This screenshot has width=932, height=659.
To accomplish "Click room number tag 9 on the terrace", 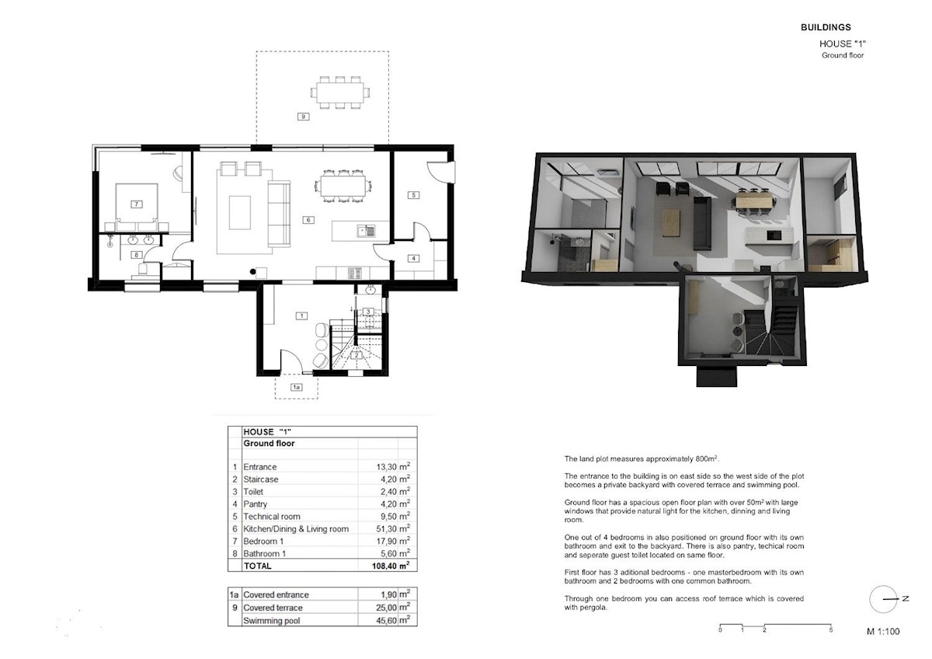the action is (304, 117).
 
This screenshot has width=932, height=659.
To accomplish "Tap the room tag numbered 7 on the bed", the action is (137, 204).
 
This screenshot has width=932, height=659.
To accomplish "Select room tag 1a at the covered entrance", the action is (296, 387).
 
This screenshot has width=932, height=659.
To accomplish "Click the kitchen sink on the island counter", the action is (366, 231).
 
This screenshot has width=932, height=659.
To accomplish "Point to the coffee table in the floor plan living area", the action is (240, 213).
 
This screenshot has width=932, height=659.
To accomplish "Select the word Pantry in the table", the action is (255, 504).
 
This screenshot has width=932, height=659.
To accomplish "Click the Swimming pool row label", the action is (272, 621).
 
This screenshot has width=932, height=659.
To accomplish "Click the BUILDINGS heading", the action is (826, 27).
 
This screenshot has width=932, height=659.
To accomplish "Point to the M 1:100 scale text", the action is (883, 632).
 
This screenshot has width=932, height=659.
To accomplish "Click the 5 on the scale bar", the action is (831, 630).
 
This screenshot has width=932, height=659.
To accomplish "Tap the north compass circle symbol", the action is (883, 599).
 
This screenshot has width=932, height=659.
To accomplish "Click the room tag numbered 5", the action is (413, 195).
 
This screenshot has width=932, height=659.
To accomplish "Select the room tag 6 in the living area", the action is (308, 220).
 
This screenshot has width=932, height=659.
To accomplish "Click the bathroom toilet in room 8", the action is (143, 270).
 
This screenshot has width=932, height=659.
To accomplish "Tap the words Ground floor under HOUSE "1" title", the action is (843, 55).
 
